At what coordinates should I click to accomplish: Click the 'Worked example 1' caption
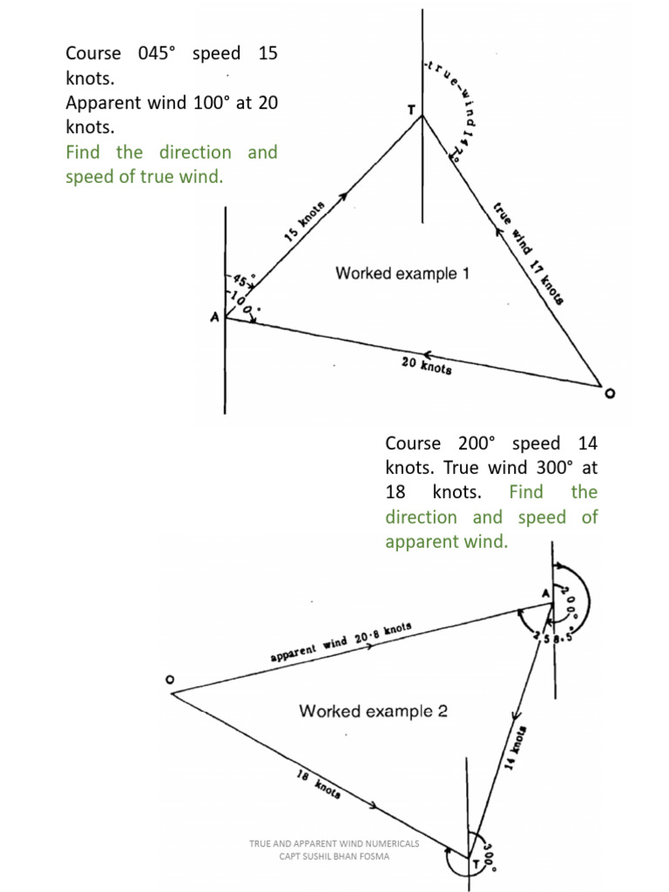click(402, 274)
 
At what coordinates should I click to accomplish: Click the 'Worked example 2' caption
click(373, 711)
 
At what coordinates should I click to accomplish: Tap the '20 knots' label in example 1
click(426, 367)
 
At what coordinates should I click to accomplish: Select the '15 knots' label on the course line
click(304, 221)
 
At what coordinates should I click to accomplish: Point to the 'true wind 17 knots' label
click(528, 253)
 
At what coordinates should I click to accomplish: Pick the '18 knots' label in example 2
click(318, 787)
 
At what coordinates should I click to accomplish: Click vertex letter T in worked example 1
click(411, 111)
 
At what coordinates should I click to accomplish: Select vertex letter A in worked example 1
click(214, 319)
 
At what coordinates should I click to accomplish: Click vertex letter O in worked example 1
click(609, 394)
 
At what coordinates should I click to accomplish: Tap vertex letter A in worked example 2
click(546, 593)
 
